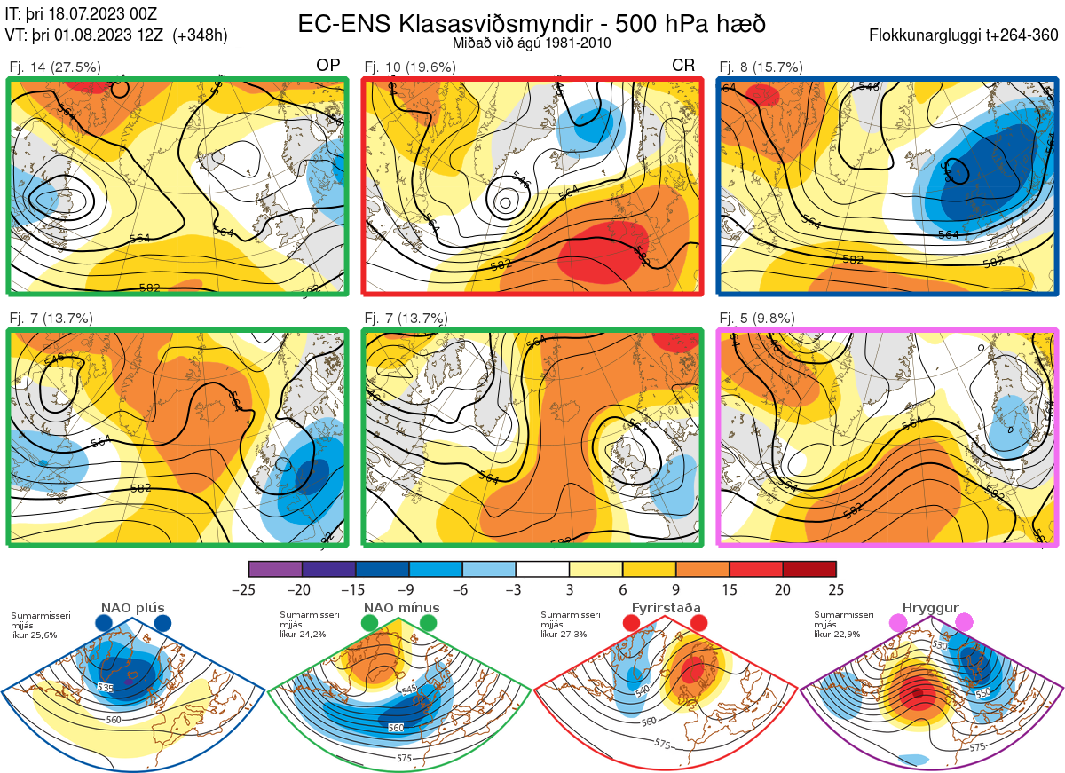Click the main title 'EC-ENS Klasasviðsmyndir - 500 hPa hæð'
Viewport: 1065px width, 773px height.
(x=532, y=23)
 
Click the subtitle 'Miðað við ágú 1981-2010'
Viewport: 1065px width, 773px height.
(x=532, y=43)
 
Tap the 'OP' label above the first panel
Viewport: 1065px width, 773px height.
(x=328, y=66)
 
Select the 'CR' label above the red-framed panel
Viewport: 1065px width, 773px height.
(x=683, y=66)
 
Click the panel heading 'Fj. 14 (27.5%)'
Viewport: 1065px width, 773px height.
(x=54, y=67)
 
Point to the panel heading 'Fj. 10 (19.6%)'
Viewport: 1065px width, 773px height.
(x=409, y=67)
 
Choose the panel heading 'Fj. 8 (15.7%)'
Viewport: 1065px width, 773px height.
(x=761, y=67)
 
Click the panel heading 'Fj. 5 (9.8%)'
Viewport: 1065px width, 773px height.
(x=757, y=319)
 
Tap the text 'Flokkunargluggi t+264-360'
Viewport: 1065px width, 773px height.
(x=964, y=36)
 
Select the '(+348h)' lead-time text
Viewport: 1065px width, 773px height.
(x=201, y=36)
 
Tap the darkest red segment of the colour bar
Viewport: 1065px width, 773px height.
(x=809, y=569)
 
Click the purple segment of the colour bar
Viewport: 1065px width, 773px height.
(x=275, y=569)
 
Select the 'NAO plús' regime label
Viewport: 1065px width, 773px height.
(x=132, y=608)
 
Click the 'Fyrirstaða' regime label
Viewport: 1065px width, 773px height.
(x=666, y=608)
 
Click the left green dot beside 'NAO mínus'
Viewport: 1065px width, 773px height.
(x=369, y=624)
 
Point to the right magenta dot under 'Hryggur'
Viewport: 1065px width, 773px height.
(x=963, y=623)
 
